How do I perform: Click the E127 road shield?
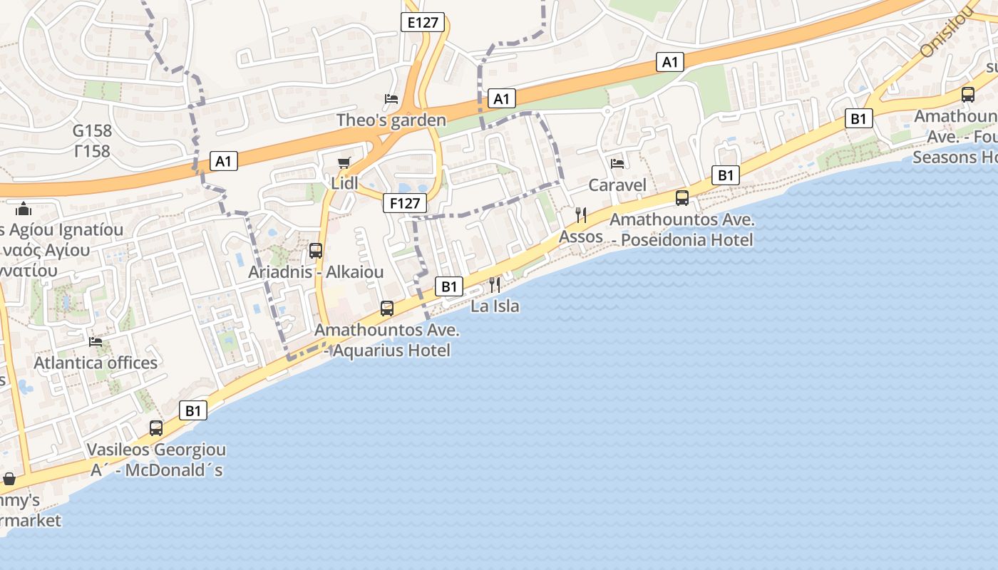[x=422, y=22]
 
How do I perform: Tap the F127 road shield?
[x=404, y=203]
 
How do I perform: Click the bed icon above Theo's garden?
[x=391, y=99]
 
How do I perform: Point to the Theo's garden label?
[x=391, y=120]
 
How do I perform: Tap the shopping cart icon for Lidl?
[x=344, y=162]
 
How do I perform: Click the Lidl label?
[x=344, y=183]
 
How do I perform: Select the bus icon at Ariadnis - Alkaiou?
[x=316, y=251]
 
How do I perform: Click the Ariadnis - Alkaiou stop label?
[x=316, y=272]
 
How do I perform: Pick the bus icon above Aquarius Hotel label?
[x=387, y=308]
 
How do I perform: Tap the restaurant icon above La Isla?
[x=495, y=285]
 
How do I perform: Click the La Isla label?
[x=495, y=306]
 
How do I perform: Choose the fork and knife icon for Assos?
[x=581, y=214]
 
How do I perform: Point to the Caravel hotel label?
[x=617, y=185]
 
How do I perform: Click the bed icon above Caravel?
[x=617, y=164]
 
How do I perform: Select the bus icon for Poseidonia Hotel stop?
[x=682, y=198]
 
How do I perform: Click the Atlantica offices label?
[x=96, y=363]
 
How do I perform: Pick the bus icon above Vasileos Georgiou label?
[x=156, y=428]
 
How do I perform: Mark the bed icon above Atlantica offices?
[x=96, y=342]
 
